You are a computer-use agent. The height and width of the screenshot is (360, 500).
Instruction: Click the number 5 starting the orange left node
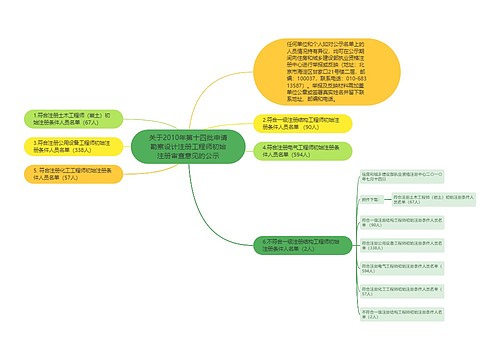pos(35,171)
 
